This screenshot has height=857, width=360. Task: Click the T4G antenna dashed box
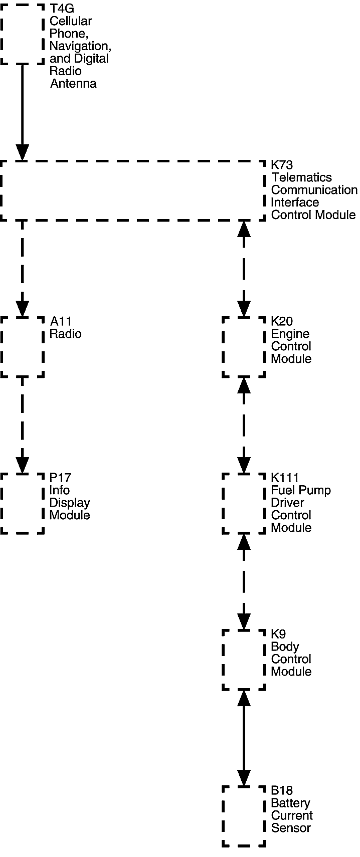click(x=22, y=34)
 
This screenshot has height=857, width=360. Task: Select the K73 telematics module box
click(x=133, y=190)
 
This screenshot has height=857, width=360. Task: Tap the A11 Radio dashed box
click(x=22, y=347)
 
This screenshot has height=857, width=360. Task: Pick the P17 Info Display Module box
click(x=22, y=503)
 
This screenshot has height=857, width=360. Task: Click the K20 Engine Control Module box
click(x=244, y=347)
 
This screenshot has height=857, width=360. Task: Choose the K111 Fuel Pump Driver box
click(x=244, y=503)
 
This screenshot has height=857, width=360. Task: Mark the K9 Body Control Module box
click(x=244, y=660)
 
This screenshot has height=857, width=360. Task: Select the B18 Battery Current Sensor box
click(x=244, y=816)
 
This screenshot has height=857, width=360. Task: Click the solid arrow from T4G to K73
click(x=22, y=110)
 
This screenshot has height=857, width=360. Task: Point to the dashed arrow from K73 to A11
click(x=22, y=268)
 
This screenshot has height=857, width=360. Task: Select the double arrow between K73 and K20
click(x=244, y=268)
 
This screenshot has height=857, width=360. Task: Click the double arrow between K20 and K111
click(x=244, y=424)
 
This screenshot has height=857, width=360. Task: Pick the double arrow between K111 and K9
click(x=244, y=581)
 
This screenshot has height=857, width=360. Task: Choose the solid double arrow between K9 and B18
click(x=244, y=738)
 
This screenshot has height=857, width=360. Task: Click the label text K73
click(x=282, y=165)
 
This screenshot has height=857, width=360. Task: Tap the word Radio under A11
click(x=65, y=334)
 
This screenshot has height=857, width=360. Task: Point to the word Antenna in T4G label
click(x=73, y=84)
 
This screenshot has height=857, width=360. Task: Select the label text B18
click(x=282, y=790)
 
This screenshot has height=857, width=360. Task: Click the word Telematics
click(x=301, y=177)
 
